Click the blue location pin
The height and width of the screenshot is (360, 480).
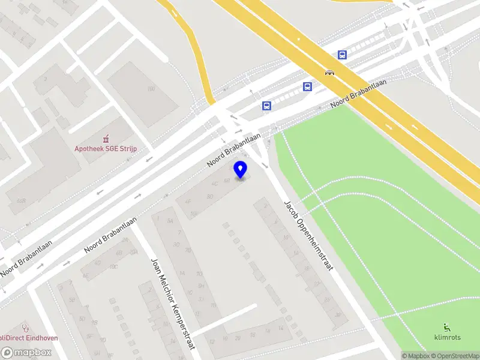(x=241, y=169)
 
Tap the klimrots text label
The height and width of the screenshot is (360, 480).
(x=448, y=337)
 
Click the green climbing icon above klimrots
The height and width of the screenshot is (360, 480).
(x=447, y=327)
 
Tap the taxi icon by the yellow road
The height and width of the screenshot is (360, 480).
(x=329, y=73)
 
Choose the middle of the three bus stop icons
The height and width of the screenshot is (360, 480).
(x=308, y=86)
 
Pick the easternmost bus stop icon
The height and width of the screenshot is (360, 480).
(x=342, y=55)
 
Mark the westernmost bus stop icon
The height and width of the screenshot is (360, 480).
(x=267, y=106)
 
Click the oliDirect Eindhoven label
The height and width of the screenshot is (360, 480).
(x=29, y=338)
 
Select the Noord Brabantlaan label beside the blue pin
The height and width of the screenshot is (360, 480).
(x=234, y=149)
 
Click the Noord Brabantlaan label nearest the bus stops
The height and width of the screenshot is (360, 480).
(x=358, y=94)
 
